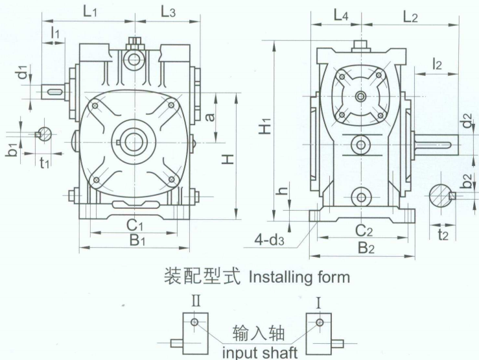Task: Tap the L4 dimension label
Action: coord(340,15)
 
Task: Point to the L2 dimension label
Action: coord(410,16)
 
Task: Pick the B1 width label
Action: coord(135,240)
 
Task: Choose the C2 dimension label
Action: coord(364,230)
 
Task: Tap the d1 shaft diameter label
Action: coord(23,72)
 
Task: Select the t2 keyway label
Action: coord(443,235)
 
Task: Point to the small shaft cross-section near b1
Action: coord(44,134)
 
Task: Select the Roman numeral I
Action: coord(318,302)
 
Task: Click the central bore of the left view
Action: coord(134,140)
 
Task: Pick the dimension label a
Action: coord(209,117)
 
